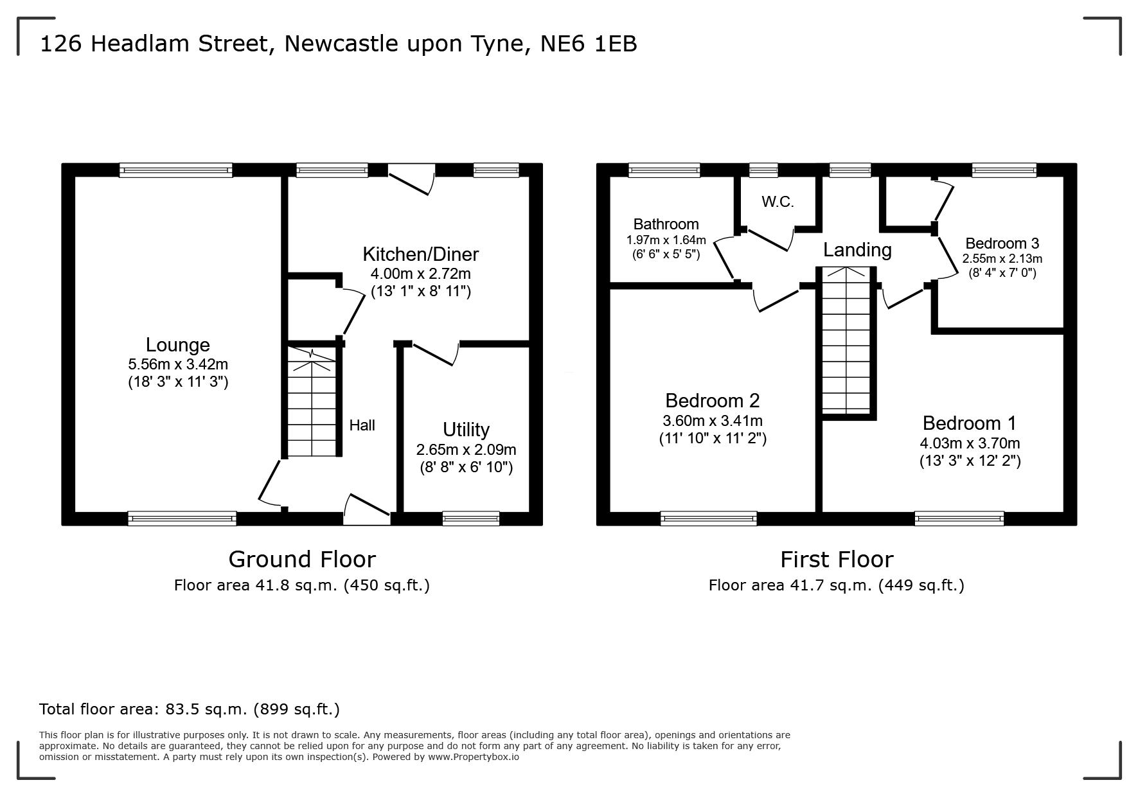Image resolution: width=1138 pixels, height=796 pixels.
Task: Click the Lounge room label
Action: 178,345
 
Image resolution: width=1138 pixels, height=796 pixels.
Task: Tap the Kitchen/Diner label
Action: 421,254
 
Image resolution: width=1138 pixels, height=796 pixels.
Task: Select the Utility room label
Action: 466,429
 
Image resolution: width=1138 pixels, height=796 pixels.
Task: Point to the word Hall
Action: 362,425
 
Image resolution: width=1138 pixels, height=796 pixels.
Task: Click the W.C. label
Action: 778,202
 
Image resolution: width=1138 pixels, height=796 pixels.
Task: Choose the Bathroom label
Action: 666,224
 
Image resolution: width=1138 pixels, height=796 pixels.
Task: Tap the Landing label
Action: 857,249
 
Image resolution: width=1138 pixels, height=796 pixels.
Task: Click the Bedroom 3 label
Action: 1002,243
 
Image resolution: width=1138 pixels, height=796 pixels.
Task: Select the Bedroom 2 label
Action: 713,401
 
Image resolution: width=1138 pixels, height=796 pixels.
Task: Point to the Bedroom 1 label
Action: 970,423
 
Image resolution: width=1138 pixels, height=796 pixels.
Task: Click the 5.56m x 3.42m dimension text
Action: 178,364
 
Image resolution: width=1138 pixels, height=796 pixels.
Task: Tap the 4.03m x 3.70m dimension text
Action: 970,443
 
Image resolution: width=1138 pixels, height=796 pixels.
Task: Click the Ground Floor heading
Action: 302,560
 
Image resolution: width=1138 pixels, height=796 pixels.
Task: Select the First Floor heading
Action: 837,560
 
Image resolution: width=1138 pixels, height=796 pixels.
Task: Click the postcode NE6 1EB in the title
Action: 589,44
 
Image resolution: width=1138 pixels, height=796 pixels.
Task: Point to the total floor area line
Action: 190,709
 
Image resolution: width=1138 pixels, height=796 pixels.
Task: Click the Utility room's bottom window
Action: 471,518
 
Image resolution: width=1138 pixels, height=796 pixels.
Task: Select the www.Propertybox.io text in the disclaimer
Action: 474,757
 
